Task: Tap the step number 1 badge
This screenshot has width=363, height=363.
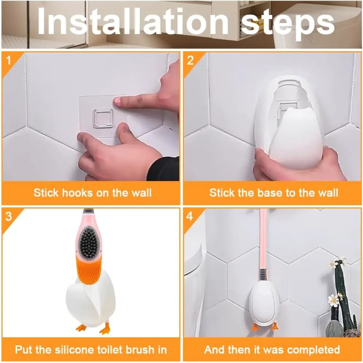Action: point(8,61)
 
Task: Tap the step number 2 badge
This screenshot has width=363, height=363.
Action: point(190,61)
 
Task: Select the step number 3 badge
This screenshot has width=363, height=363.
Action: point(8,217)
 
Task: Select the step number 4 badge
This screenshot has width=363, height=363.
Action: point(190,217)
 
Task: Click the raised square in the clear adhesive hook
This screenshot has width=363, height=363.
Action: point(103,118)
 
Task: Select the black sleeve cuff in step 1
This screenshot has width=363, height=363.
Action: point(164,169)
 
